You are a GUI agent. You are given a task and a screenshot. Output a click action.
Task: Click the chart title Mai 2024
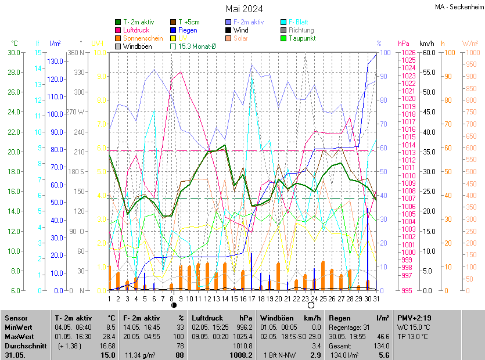(x=244, y=9)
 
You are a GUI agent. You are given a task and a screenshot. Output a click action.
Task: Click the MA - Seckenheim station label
(x=458, y=6)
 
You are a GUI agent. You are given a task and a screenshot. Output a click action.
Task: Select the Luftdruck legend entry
(x=136, y=30)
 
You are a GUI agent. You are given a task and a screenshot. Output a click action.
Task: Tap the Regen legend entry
(x=188, y=30)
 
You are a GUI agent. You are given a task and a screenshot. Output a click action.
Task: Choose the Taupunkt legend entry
(x=303, y=38)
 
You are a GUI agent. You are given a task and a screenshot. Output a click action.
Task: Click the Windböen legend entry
(x=138, y=46)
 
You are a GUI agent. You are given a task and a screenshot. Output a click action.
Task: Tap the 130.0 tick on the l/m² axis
(x=55, y=62)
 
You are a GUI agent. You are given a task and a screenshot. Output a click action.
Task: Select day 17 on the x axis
(x=252, y=298)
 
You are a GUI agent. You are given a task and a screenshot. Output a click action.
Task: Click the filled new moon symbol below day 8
(x=173, y=305)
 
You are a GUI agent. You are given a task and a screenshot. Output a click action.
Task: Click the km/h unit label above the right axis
(x=426, y=44)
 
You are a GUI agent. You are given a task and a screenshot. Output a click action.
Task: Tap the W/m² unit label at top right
(x=470, y=44)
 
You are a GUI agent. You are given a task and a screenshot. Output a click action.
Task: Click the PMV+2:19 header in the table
(x=413, y=318)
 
